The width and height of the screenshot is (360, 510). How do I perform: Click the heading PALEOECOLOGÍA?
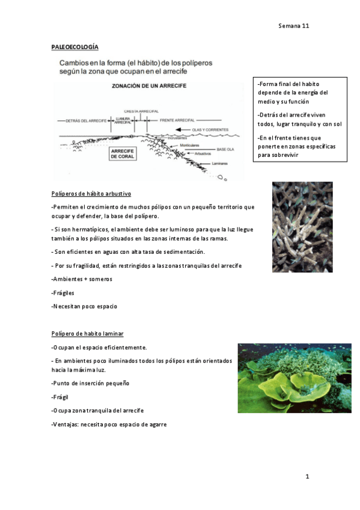coord(75,47)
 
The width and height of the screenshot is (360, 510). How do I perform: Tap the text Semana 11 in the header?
coord(293,26)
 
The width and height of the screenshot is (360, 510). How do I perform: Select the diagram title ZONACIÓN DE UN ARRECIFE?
coord(149,86)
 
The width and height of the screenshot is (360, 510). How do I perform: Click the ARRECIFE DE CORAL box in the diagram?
coord(123,155)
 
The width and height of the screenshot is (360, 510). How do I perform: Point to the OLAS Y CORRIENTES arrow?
coord(198,130)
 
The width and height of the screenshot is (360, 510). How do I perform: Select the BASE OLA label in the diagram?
coord(225,149)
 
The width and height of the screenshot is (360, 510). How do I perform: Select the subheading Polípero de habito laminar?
coord(88,333)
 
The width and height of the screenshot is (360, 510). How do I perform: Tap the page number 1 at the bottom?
coord(307,477)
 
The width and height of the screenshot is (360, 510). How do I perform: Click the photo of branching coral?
coord(302,227)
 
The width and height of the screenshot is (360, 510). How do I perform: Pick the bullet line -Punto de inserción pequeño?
coord(90,383)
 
